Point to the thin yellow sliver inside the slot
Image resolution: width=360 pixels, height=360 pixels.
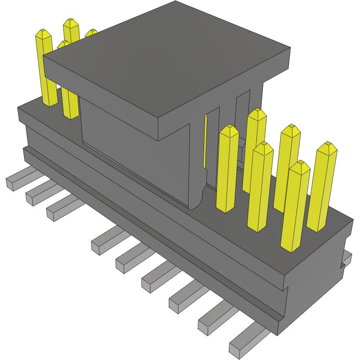(x=205, y=142)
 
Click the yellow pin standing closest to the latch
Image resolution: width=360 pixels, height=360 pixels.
(x=227, y=170)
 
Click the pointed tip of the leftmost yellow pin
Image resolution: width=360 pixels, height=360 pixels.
(x=44, y=33)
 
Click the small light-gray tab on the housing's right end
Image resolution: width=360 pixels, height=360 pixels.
(x=347, y=259)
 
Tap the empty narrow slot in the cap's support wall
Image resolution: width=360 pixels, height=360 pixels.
(x=242, y=115)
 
